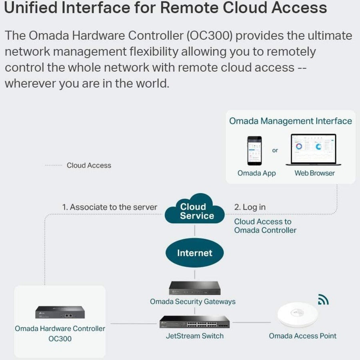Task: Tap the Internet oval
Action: point(195,253)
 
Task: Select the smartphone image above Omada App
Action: point(254,151)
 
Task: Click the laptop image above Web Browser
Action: point(313,150)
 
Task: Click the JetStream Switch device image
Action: point(195,322)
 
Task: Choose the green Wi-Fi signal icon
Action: point(323,299)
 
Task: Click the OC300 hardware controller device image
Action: point(60,312)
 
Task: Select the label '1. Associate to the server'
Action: point(109,207)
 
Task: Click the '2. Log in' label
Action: point(250,207)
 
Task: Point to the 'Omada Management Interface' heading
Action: point(290,121)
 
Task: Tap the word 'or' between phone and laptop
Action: point(275,150)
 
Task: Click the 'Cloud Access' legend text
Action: point(89,165)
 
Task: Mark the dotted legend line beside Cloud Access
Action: point(53,165)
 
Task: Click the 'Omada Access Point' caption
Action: point(302,336)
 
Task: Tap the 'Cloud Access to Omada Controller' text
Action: point(265,226)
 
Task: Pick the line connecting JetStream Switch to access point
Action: point(251,322)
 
